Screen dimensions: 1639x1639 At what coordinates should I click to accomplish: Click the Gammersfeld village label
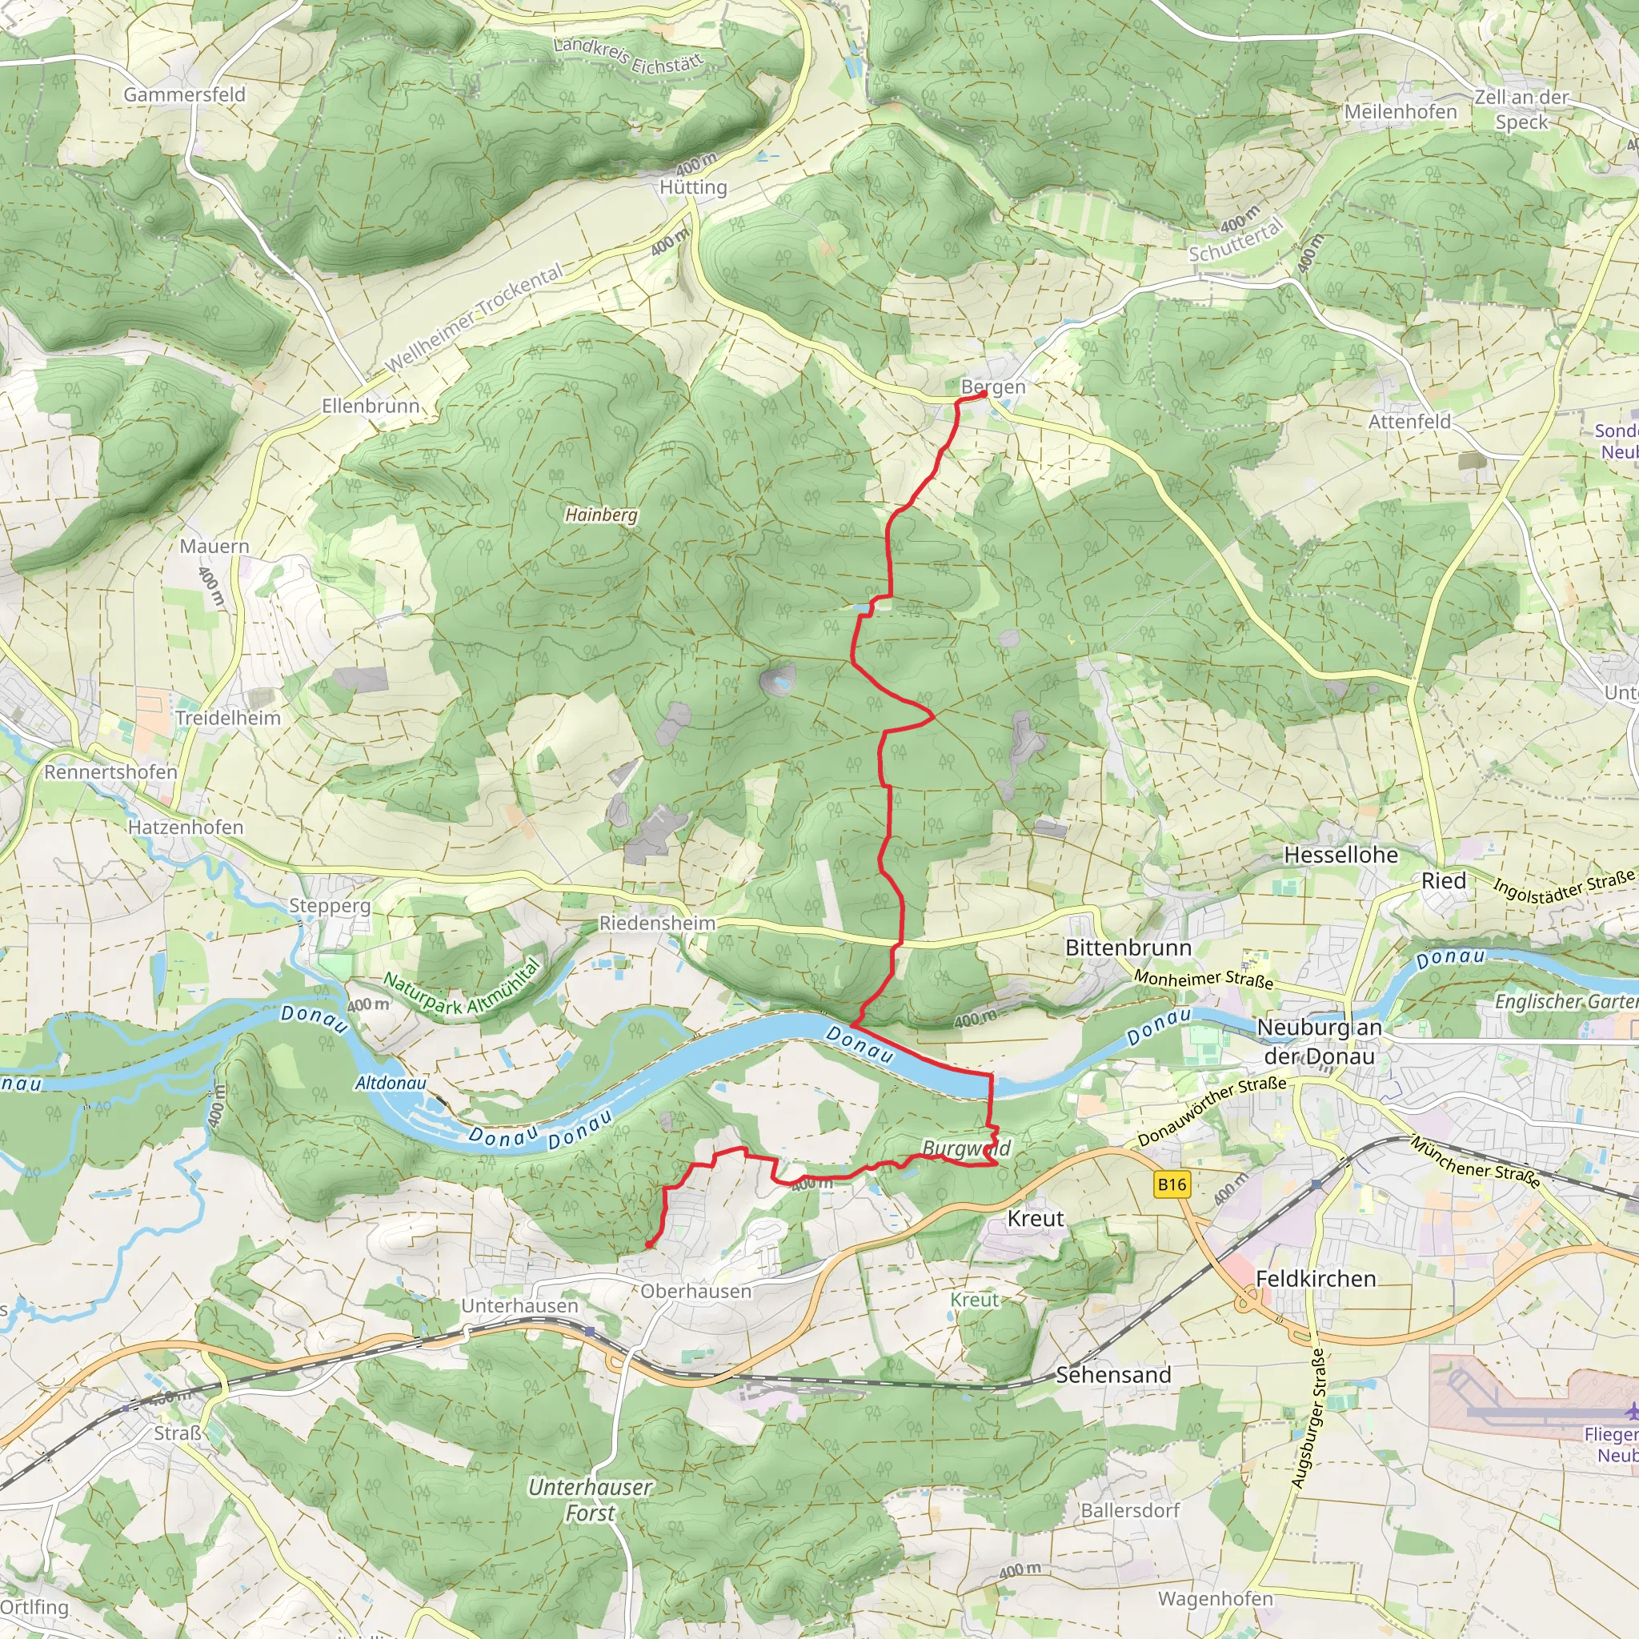[184, 94]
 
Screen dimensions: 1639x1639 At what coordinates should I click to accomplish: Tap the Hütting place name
[693, 186]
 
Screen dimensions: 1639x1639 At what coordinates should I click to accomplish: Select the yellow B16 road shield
[1172, 1184]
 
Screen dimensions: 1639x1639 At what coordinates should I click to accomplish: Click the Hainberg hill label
[601, 514]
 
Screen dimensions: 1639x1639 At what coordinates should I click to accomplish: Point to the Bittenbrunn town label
[1128, 948]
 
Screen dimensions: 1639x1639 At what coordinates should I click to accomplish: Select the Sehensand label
[1113, 1374]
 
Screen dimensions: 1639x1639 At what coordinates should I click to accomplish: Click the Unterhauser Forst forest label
[591, 1500]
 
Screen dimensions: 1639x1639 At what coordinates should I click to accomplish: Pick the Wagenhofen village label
[1216, 1598]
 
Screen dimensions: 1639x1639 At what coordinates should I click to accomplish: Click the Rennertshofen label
[110, 772]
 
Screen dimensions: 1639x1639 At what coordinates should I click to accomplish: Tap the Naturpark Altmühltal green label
[462, 988]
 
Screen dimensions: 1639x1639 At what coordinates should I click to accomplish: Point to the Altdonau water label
[391, 1084]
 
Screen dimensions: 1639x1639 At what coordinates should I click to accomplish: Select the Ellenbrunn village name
[371, 407]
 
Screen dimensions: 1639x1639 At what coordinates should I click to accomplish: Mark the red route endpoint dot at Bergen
[984, 394]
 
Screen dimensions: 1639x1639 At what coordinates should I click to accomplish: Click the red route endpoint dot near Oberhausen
[649, 1244]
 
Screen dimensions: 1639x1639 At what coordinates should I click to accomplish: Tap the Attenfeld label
[1409, 422]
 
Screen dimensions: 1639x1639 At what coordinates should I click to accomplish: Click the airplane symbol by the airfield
[1630, 1411]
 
